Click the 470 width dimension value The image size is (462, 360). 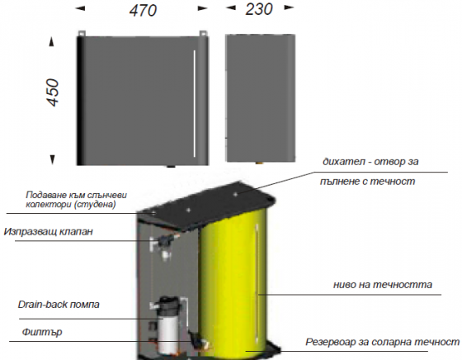(143, 11)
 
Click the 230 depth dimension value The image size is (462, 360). (259, 9)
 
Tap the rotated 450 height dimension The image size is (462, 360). (53, 92)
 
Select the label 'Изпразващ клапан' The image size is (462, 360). (49, 231)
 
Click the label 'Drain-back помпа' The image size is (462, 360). (59, 305)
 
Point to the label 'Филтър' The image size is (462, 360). (42, 332)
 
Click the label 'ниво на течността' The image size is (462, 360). (383, 285)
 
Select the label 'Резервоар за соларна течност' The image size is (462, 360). (383, 342)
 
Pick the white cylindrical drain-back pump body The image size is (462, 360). (167, 334)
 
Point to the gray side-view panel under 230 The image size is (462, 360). (261, 98)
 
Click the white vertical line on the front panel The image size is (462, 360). (195, 103)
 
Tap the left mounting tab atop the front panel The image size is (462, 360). (82, 33)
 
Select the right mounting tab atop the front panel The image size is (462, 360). (203, 33)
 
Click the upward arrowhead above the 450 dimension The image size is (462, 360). (52, 42)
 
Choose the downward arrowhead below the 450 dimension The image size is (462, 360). (53, 159)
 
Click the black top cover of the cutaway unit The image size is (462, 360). (206, 206)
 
